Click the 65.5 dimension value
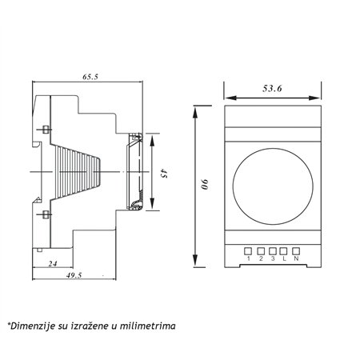pyautogui.click(x=90, y=77)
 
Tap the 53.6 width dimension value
pyautogui.click(x=272, y=89)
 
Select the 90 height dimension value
pyautogui.click(x=205, y=184)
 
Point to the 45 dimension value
pyautogui.click(x=164, y=173)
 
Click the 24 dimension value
pyautogui.click(x=53, y=264)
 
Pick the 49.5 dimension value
pyautogui.click(x=74, y=275)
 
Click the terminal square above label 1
pyautogui.click(x=248, y=251)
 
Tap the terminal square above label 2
pyautogui.click(x=261, y=251)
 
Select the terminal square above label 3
pyautogui.click(x=273, y=251)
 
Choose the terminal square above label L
pyautogui.click(x=283, y=251)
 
